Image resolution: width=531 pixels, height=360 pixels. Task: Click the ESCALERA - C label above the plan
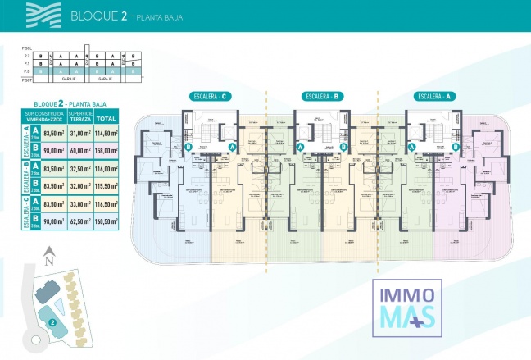pos(209,96)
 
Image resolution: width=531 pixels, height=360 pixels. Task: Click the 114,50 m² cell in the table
pos(107,133)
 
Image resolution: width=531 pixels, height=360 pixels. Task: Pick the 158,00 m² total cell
pos(107,151)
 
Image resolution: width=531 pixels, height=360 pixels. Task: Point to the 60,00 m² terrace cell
pos(80,151)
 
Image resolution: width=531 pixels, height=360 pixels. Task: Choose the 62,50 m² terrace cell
pos(80,222)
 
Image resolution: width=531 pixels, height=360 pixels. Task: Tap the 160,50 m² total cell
pos(107,222)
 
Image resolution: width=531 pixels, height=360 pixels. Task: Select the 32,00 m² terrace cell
pos(80,186)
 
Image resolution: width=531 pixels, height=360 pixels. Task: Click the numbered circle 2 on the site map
pos(52,322)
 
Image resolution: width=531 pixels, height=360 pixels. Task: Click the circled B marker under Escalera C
pos(188,148)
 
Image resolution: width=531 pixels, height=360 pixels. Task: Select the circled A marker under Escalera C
pos(232,146)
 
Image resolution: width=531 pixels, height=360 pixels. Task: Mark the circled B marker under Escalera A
pos(455,148)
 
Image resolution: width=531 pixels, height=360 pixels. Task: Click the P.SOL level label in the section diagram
pos(26,49)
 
